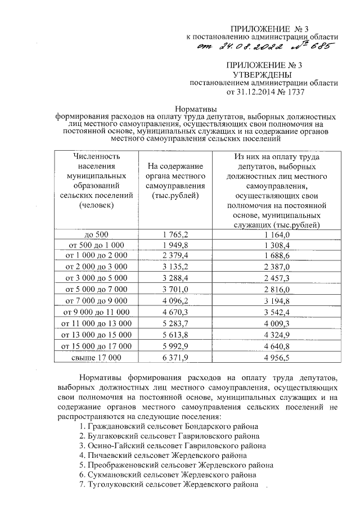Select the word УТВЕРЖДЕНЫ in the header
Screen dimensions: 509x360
pos(263,74)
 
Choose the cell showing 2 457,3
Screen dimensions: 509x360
pos(274,278)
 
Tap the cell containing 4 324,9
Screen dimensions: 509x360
pos(274,334)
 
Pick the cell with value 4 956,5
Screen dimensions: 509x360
pos(274,356)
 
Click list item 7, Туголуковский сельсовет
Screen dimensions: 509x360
pos(169,484)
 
